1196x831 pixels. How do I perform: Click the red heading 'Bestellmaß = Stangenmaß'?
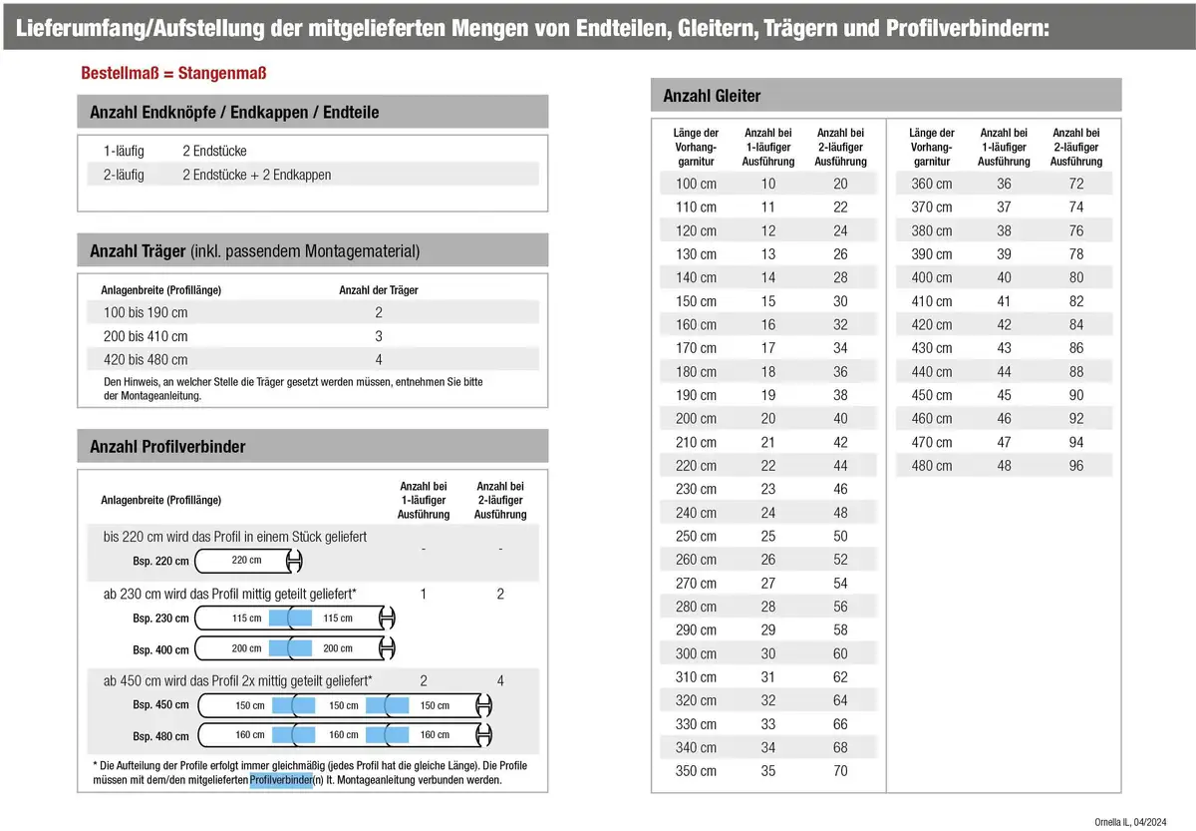(x=173, y=74)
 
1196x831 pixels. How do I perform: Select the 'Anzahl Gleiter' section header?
(x=712, y=96)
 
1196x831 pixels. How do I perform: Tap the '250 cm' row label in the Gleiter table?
(x=696, y=537)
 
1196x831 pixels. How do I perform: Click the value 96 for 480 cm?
(x=1075, y=466)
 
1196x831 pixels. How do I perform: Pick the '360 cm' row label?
(x=931, y=184)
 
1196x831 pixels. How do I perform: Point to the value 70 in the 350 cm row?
(x=840, y=771)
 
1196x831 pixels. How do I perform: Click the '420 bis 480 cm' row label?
(x=146, y=360)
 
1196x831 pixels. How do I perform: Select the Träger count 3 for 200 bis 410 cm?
(x=379, y=336)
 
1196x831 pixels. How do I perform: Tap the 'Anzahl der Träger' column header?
(x=379, y=290)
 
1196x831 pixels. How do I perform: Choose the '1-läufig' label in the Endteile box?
(x=124, y=151)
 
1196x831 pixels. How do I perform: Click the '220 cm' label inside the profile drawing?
(x=246, y=561)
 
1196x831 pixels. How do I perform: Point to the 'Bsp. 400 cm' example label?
(x=160, y=650)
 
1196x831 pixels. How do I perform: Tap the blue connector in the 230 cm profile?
(x=290, y=619)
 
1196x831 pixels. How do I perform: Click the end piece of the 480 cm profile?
(x=485, y=736)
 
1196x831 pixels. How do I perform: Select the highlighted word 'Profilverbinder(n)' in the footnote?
(x=282, y=781)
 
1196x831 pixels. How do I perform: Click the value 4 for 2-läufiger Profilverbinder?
(x=500, y=681)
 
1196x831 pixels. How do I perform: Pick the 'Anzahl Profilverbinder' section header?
(x=167, y=447)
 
